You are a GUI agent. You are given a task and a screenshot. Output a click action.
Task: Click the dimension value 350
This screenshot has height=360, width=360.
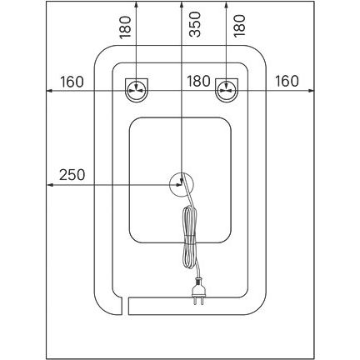click(195, 24)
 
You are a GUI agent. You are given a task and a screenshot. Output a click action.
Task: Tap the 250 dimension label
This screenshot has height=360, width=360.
click(72, 175)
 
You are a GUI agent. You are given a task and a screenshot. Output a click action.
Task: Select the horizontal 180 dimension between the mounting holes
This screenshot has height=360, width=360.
click(198, 81)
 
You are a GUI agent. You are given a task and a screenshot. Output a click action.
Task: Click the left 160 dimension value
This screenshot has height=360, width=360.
click(72, 82)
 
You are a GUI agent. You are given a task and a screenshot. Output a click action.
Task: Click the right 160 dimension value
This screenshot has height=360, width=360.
click(287, 81)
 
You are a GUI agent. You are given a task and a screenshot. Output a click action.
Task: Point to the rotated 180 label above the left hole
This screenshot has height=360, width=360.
click(125, 27)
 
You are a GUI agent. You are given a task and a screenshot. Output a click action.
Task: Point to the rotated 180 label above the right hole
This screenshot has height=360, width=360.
click(239, 26)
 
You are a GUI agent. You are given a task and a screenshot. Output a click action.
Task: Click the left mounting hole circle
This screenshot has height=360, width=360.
click(137, 90)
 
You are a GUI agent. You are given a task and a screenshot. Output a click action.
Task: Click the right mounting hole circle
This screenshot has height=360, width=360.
click(227, 90)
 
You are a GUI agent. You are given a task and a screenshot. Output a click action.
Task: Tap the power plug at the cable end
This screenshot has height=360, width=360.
click(198, 291)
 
